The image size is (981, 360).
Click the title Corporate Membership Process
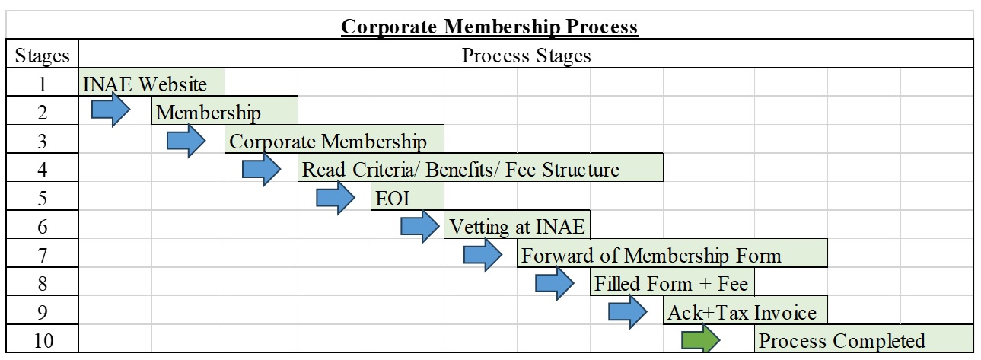[489, 27]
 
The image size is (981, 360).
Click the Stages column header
[42, 56]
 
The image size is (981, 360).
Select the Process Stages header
[526, 56]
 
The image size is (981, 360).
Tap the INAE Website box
[152, 81]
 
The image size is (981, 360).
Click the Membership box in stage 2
[225, 110]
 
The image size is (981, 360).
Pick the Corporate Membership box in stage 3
[334, 139]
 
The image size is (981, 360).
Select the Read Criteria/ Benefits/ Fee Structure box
[480, 167]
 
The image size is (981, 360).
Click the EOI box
[407, 196]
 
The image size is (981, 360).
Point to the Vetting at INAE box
[517, 225]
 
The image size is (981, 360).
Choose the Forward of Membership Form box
[672, 253]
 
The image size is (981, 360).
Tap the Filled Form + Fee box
[672, 282]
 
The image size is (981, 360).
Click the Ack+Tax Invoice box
[745, 310]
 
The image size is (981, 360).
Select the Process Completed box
[864, 339]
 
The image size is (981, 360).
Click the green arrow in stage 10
[701, 339]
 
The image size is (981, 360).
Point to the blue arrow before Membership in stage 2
[111, 110]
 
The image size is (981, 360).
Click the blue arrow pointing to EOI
[336, 198]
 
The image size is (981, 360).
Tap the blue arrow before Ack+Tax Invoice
[628, 312]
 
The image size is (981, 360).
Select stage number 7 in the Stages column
[42, 255]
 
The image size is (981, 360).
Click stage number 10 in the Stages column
[43, 341]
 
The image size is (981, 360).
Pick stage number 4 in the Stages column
[42, 170]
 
